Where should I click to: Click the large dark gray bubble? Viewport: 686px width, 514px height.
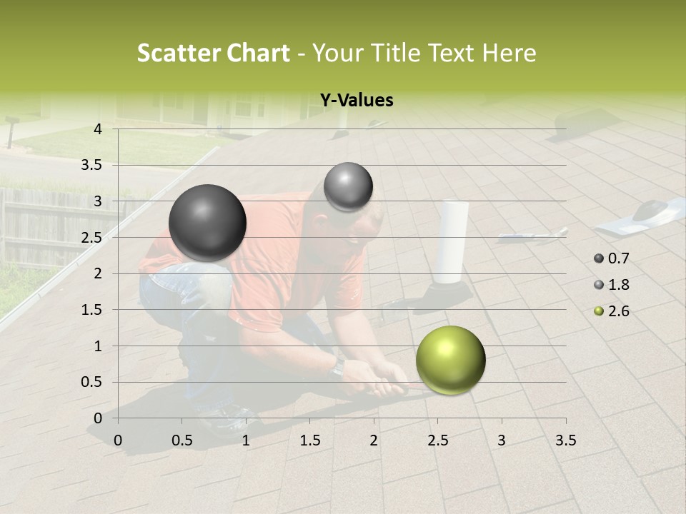pos(207,223)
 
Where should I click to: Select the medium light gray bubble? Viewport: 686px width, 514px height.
pos(348,187)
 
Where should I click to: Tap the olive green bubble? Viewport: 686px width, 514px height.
pos(450,360)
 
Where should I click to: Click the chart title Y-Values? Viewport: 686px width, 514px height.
pos(356,101)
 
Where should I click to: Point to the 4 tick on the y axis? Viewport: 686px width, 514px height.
pos(98,129)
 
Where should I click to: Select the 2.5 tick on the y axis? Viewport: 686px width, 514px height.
pos(92,238)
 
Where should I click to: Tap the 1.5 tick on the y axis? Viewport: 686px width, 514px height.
pos(92,310)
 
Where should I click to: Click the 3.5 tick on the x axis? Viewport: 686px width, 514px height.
pos(565,440)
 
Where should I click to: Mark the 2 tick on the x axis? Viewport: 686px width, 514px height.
pos(374,440)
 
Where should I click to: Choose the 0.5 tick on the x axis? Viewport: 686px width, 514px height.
pos(182,440)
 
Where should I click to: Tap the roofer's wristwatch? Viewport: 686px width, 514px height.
pos(338,366)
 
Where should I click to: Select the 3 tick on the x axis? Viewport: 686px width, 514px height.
pos(502,440)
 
